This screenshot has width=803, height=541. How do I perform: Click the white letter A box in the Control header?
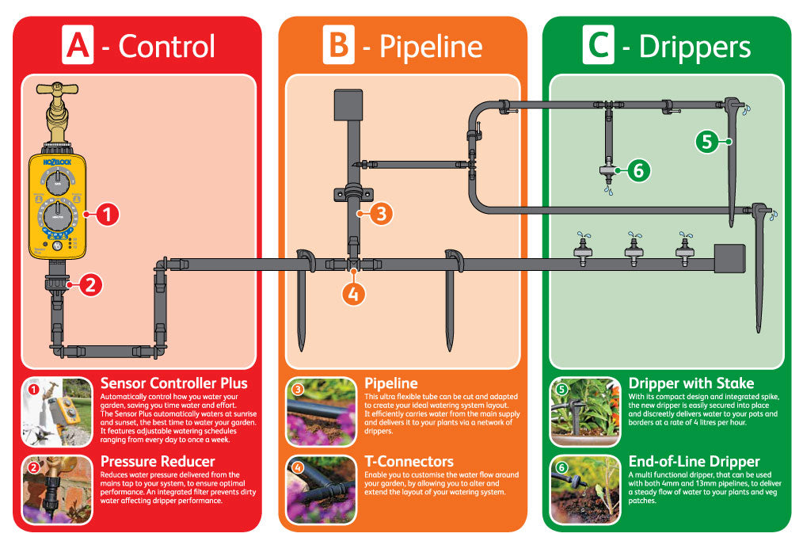coord(78,44)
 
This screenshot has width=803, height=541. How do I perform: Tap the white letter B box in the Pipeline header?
coord(338,44)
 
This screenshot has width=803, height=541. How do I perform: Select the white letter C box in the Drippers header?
coord(598,44)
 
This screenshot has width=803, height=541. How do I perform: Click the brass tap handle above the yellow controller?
coord(57,89)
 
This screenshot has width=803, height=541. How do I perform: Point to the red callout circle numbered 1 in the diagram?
coord(108,214)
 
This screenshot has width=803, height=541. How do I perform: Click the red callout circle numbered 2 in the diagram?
coord(90,284)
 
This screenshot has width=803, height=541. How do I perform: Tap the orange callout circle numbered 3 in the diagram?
coord(381,214)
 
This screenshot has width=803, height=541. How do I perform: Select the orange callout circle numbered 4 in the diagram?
coord(353,294)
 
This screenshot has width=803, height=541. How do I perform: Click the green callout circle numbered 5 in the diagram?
coord(707,142)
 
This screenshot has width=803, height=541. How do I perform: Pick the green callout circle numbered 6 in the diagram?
coord(638,170)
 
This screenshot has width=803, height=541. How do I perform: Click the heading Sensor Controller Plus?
coord(174,383)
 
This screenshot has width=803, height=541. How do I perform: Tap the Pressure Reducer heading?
coord(158,461)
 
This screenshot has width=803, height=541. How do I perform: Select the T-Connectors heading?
coord(409,461)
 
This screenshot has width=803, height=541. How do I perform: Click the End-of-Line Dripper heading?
coord(695,461)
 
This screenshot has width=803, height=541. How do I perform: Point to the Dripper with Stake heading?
coord(691,383)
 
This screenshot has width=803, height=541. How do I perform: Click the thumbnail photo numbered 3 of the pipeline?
coord(321,412)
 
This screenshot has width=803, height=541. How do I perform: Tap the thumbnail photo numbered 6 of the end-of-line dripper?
coord(585,490)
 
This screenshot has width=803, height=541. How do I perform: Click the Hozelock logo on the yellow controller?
coord(57,162)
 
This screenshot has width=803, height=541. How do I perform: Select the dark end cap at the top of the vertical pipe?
coord(348,105)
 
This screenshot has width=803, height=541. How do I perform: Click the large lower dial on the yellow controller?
coord(58,217)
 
